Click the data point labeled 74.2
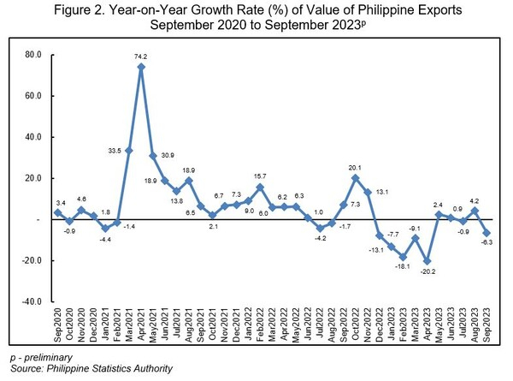[x=141, y=67]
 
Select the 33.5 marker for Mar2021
[x=129, y=151]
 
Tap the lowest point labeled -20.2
[x=425, y=261]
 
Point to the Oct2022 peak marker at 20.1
[x=355, y=178]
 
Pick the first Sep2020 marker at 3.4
[x=58, y=212]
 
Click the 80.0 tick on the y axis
[x=32, y=55]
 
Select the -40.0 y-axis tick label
[x=30, y=302]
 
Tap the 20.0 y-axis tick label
[x=32, y=178]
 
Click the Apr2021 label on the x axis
[x=142, y=326]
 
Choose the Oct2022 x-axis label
[x=356, y=326]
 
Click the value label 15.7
[x=261, y=176]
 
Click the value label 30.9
[x=168, y=154]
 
